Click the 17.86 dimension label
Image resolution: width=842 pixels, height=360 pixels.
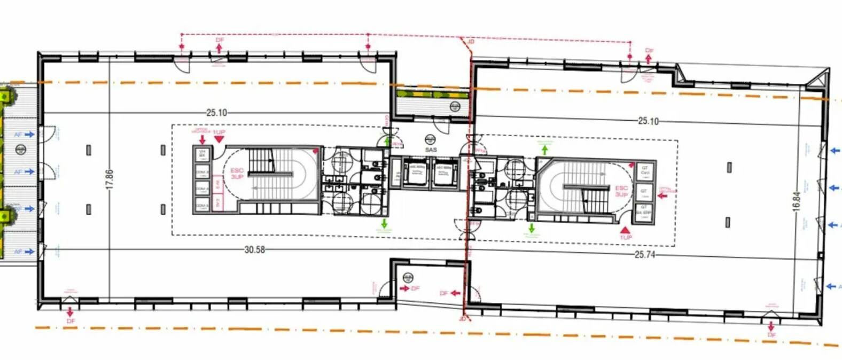pyautogui.click(x=110, y=179)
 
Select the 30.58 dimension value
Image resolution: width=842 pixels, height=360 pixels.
pyautogui.click(x=254, y=249)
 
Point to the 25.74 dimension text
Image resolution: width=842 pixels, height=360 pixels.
pyautogui.click(x=644, y=255)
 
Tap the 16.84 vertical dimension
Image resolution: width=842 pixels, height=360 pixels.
pyautogui.click(x=797, y=201)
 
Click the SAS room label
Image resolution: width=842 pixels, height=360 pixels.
pyautogui.click(x=431, y=150)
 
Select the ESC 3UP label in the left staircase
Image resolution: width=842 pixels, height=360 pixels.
pyautogui.click(x=237, y=174)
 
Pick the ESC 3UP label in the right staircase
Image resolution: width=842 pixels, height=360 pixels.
pyautogui.click(x=621, y=191)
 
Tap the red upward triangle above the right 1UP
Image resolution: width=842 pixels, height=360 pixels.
pyautogui.click(x=625, y=230)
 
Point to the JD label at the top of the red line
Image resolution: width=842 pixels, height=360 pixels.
pyautogui.click(x=471, y=41)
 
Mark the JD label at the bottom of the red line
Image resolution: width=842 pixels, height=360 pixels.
pyautogui.click(x=463, y=319)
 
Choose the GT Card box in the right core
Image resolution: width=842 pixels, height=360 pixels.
pyautogui.click(x=644, y=171)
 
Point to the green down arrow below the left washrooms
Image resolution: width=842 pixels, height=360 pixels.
pyautogui.click(x=384, y=223)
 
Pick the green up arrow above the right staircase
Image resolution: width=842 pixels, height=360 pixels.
pyautogui.click(x=544, y=150)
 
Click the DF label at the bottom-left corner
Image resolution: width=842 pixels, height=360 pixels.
pyautogui.click(x=71, y=321)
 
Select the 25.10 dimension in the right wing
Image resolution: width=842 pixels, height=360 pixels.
pyautogui.click(x=648, y=121)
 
